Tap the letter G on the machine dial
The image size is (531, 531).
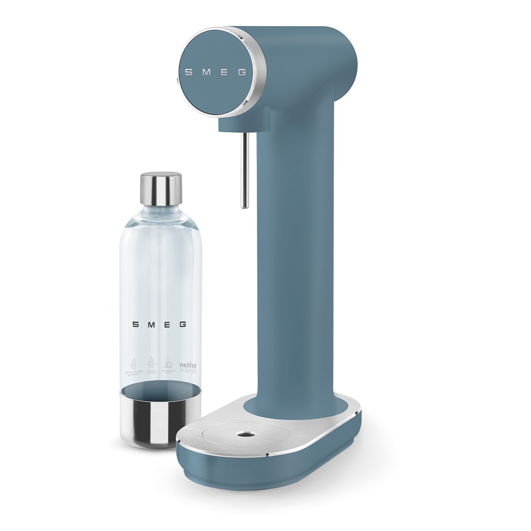pos(242,73)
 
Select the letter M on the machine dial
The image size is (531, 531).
pos(207,72)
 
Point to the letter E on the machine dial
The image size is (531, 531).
pos(225,72)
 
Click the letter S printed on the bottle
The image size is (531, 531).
pos(136,325)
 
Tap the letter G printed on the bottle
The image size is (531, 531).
pos(183,325)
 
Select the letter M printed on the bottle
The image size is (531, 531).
pos(151,325)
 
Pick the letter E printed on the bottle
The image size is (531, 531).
pos(167,325)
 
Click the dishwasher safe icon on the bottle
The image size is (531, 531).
pos(167,364)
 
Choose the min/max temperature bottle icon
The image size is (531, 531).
pos(150,364)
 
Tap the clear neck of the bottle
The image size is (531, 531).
pos(161,214)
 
